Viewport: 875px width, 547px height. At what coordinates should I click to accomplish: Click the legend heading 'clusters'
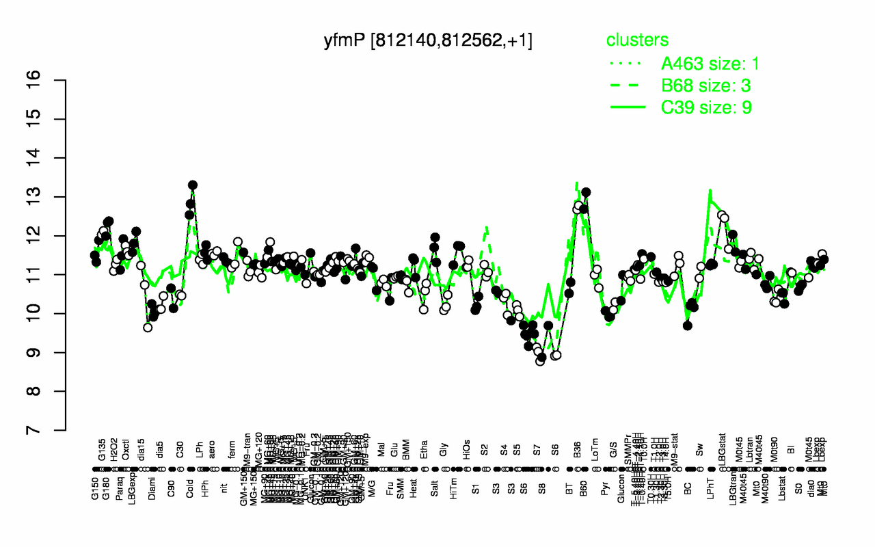coord(637,40)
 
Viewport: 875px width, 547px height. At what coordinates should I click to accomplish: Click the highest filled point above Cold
coord(193,185)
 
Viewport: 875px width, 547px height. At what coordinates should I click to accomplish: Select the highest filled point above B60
coord(586,192)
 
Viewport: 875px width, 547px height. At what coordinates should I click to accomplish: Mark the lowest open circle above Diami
coord(148,328)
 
